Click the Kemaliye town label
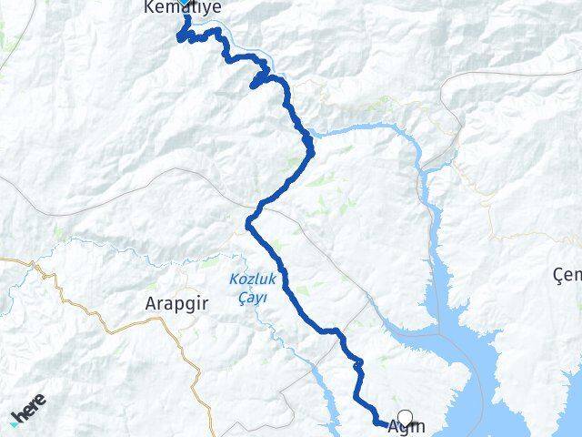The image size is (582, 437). pyautogui.click(x=182, y=7)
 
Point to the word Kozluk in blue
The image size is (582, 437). pyautogui.click(x=246, y=279)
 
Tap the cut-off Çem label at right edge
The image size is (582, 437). pyautogui.click(x=567, y=274)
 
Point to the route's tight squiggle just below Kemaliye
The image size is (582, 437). pyautogui.click(x=185, y=35)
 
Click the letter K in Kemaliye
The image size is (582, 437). pyautogui.click(x=148, y=7)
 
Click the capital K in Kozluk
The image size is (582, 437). pyautogui.click(x=234, y=279)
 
